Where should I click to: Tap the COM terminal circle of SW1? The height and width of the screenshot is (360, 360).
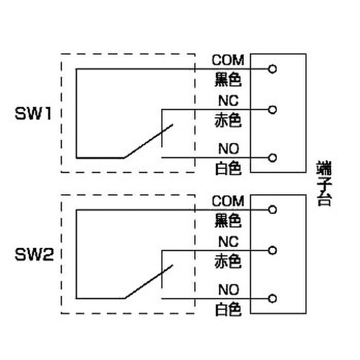tap(271, 69)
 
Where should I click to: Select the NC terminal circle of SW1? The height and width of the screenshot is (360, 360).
tap(271, 109)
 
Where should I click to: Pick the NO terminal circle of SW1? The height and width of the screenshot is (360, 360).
tap(271, 157)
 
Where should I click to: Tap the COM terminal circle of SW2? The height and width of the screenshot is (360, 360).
tap(271, 210)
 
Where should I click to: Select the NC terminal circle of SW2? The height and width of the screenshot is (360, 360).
tap(271, 250)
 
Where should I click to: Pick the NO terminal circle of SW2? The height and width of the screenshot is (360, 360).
tap(271, 298)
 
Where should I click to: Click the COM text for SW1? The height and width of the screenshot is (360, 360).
tap(228, 60)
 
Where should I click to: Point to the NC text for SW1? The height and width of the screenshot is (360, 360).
tap(228, 100)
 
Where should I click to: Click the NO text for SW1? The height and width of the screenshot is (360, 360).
tap(229, 148)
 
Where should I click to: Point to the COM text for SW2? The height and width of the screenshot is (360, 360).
tap(228, 201)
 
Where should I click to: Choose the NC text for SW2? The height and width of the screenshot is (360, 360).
tap(228, 241)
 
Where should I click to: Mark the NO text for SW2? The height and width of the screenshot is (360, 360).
tap(229, 289)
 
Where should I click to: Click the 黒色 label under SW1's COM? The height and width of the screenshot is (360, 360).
tap(228, 80)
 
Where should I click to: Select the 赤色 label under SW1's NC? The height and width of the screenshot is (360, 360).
tap(228, 120)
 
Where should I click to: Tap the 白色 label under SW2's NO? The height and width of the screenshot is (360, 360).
tap(228, 309)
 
